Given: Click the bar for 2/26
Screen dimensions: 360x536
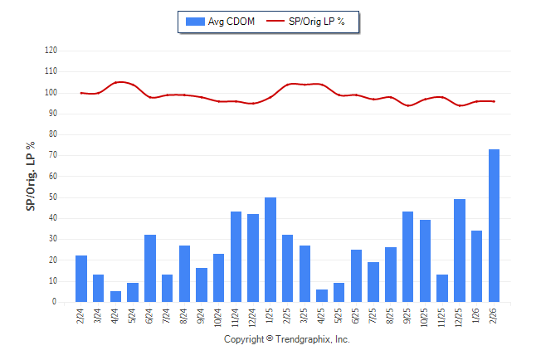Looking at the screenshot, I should tap(495, 226).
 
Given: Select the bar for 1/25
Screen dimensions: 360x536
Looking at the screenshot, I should tap(270, 250).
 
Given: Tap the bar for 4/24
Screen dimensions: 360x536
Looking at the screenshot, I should tap(115, 296).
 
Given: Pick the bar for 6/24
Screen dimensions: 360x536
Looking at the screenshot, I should tap(150, 268).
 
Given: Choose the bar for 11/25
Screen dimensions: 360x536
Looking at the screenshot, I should tap(442, 288).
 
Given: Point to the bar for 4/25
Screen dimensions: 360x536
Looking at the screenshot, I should tap(322, 295).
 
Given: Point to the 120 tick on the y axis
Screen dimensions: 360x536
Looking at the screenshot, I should tap(51, 51).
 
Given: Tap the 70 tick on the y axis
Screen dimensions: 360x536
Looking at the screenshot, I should tap(52, 155).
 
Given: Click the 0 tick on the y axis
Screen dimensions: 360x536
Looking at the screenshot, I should tap(54, 302).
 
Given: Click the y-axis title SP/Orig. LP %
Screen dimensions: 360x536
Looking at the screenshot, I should tap(31, 176).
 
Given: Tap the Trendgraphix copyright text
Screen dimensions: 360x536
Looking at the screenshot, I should tap(287, 339).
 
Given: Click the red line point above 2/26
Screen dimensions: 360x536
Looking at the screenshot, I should tap(495, 101).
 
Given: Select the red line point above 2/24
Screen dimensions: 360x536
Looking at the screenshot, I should tap(81, 93).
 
